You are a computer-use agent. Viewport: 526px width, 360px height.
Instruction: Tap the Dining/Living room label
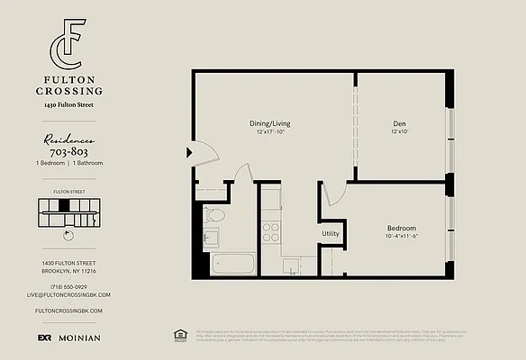point(269,123)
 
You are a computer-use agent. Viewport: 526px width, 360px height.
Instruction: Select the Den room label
point(398,123)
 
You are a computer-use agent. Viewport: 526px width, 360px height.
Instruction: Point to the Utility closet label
point(330,234)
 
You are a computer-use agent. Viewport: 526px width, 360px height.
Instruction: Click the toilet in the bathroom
point(214,215)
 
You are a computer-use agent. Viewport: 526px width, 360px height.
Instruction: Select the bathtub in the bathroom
point(232,265)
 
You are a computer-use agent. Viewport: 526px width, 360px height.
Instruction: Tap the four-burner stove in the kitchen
point(271,233)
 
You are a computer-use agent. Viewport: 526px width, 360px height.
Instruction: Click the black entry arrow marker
point(189,152)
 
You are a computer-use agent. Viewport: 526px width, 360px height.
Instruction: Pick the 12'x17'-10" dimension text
point(269,132)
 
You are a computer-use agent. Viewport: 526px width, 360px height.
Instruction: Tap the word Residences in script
point(69,140)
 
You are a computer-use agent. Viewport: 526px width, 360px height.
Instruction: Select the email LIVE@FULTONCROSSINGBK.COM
point(68,294)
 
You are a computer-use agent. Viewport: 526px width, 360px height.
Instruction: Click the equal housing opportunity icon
point(178,336)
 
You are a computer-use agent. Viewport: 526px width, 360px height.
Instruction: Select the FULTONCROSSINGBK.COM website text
point(68,310)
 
